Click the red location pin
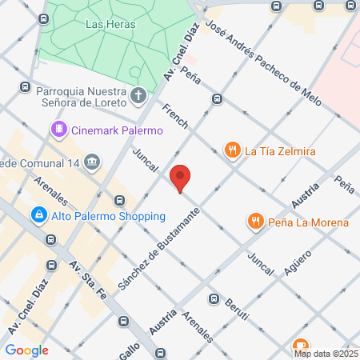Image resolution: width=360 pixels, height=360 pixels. [181, 178]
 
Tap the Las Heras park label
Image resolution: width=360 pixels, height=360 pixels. [110, 24]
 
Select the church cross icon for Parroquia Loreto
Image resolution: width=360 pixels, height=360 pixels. [138, 96]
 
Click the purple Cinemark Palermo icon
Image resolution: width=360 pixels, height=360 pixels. [58, 130]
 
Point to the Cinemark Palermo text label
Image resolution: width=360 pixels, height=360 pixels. [117, 130]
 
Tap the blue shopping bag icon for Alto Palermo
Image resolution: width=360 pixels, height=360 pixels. [38, 216]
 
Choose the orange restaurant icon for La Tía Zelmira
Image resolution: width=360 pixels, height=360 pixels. [232, 150]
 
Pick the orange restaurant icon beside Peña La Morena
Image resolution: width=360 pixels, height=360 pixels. [255, 222]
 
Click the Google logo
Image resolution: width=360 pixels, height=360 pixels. [26, 350]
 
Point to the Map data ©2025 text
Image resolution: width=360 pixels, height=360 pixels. [326, 353]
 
